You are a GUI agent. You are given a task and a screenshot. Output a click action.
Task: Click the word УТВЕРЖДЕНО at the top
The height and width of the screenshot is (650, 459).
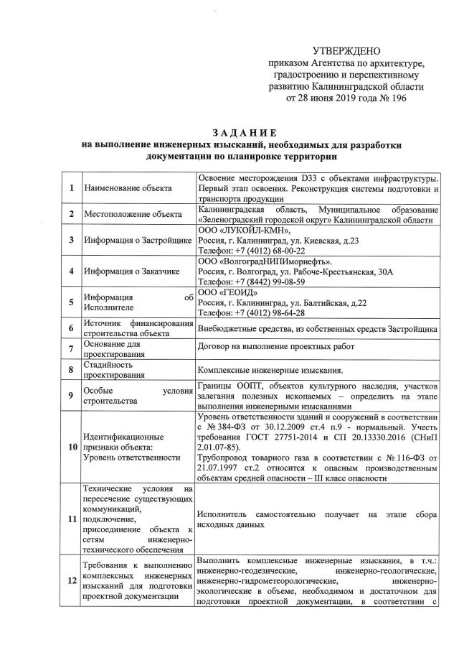(347, 51)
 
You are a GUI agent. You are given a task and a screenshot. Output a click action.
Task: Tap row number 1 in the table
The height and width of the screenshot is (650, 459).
(71, 188)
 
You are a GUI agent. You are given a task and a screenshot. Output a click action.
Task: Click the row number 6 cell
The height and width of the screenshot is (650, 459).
(71, 330)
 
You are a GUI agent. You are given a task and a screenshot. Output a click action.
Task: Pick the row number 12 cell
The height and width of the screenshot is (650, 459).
(71, 582)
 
